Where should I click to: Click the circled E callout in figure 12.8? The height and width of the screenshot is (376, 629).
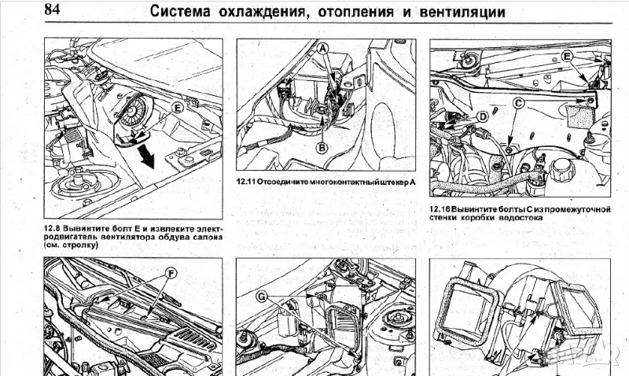[177, 105]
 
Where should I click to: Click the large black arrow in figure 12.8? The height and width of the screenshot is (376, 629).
[145, 158]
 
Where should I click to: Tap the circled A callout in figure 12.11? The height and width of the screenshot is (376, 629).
[322, 49]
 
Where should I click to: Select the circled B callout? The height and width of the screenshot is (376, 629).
[322, 146]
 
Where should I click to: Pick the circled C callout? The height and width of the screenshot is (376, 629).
[518, 101]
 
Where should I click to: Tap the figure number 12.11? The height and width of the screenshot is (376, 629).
[249, 181]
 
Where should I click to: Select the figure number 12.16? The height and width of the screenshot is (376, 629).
[441, 208]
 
